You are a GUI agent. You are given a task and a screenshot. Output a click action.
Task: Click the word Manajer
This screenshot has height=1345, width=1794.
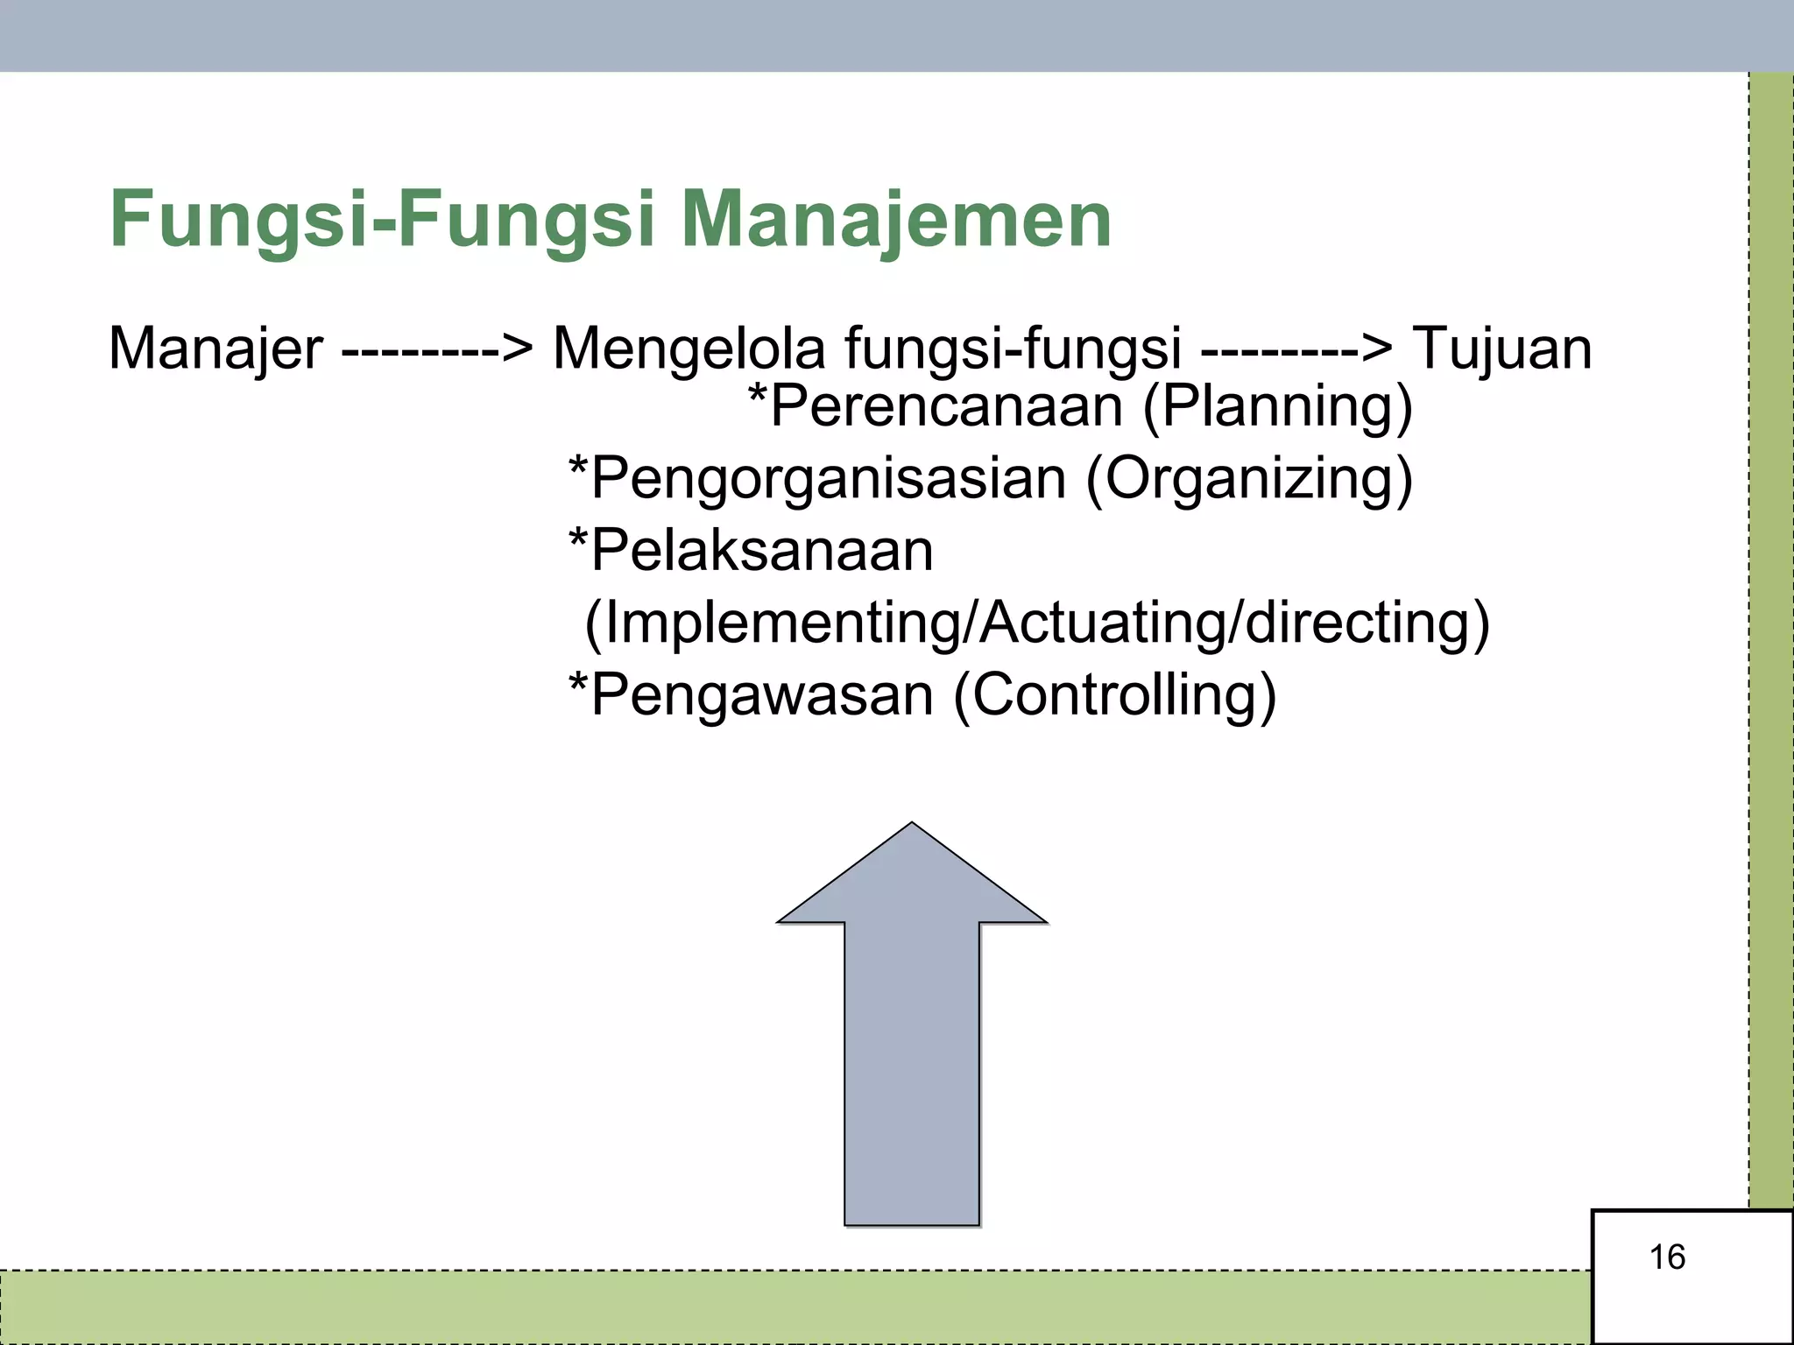215,349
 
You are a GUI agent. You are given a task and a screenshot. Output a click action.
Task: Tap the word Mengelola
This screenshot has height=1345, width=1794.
689,349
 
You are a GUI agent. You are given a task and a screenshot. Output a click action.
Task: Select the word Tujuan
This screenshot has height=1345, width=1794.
1502,349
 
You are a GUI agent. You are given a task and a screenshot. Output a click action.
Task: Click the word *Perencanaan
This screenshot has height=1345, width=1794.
935,406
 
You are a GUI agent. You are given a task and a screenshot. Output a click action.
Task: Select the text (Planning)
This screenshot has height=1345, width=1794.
1278,408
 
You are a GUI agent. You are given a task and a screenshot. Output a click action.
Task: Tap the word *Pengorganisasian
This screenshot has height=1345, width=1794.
816,478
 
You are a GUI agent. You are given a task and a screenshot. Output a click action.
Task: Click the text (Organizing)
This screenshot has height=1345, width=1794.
1249,480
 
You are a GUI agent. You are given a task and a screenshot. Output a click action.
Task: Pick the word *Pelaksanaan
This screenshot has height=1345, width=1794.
751,551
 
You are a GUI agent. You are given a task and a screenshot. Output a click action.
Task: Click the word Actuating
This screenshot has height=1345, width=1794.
1103,623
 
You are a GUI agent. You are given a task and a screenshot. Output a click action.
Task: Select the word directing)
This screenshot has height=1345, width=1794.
1367,623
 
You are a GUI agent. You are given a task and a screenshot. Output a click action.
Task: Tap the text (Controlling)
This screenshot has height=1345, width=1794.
1114,695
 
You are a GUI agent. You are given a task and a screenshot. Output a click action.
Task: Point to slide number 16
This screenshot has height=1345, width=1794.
1667,1257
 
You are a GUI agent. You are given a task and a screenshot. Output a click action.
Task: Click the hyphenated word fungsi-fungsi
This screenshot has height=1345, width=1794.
1013,349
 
